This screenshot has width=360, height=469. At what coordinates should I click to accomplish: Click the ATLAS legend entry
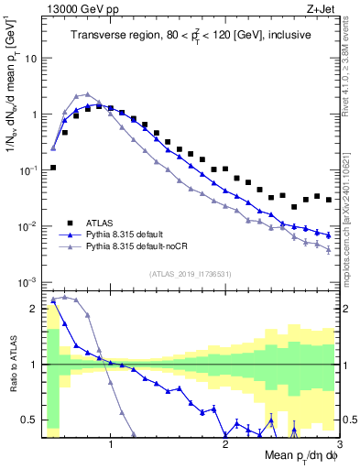click(x=104, y=223)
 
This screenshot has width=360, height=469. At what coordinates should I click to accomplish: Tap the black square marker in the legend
click(x=70, y=223)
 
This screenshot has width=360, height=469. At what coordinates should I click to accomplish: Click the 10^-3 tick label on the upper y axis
click(x=27, y=283)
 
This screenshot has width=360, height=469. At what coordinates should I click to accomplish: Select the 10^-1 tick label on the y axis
click(x=27, y=170)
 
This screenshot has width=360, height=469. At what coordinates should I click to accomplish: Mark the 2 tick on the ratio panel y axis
click(x=34, y=309)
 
